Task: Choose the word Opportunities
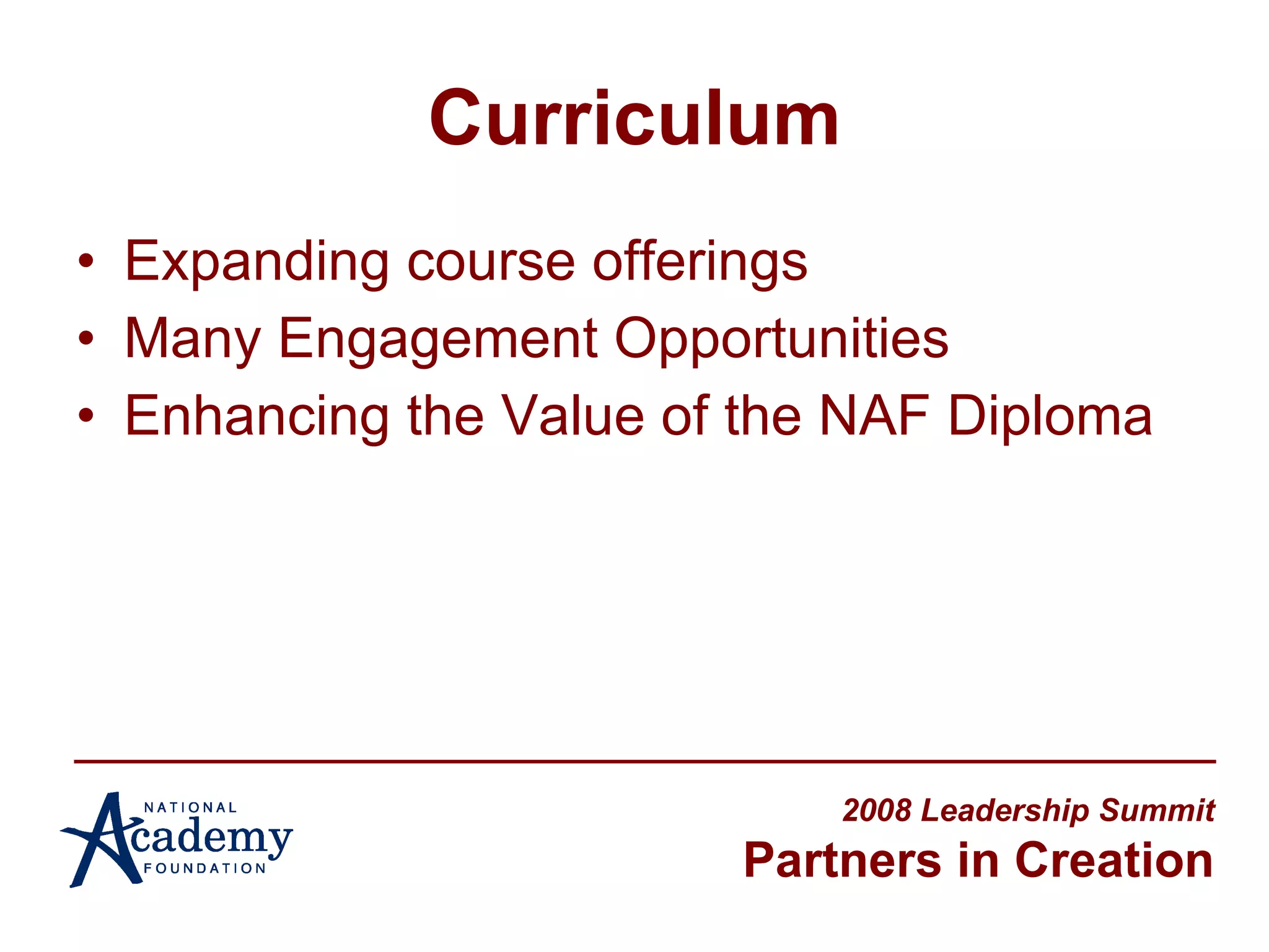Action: (x=781, y=340)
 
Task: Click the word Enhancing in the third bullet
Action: (x=257, y=417)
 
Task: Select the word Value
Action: (x=573, y=416)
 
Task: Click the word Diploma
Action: (x=1050, y=417)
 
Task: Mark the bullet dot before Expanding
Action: (x=86, y=262)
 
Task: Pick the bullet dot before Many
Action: (x=86, y=338)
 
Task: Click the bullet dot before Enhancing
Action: (x=86, y=416)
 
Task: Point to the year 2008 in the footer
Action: (x=877, y=811)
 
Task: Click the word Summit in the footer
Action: (x=1157, y=811)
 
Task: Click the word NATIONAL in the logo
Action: (x=190, y=808)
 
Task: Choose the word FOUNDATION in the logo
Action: (x=204, y=868)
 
